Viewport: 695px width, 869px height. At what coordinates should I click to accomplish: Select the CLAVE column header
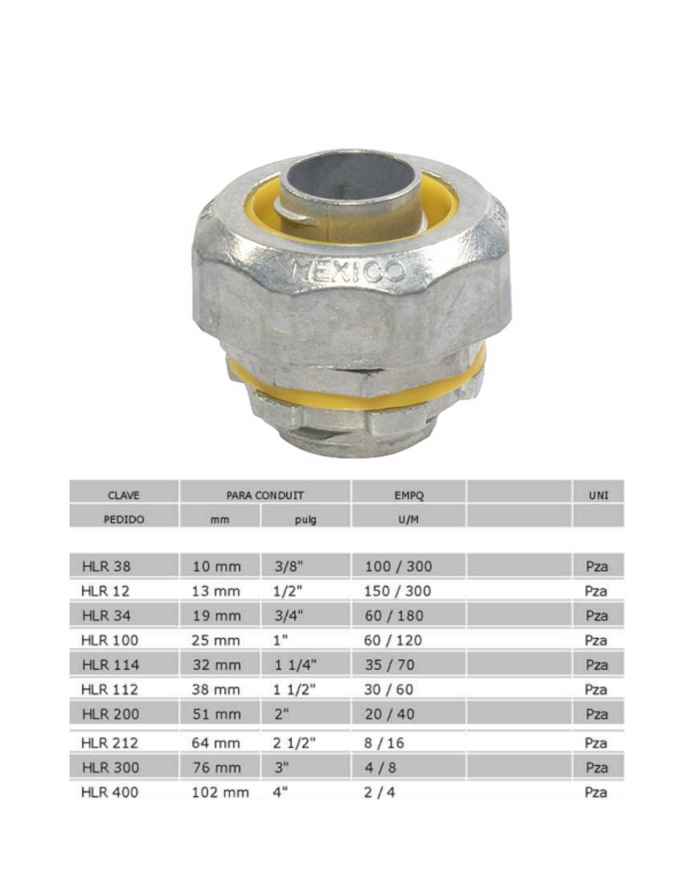point(124,495)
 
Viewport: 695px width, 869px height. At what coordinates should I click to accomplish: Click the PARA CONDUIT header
point(265,495)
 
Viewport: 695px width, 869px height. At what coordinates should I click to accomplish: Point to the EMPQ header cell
point(409,495)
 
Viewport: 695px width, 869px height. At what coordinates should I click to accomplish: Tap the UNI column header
point(598,495)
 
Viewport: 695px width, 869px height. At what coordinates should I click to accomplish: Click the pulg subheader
point(305,519)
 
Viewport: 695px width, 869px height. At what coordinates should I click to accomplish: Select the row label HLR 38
point(106,566)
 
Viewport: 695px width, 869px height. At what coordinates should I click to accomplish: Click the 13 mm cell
point(216,591)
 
